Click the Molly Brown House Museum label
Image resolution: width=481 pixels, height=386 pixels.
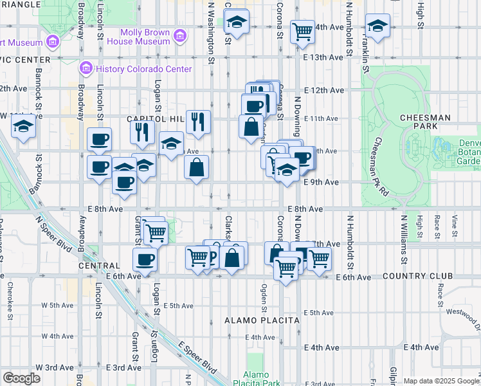click(x=145, y=37)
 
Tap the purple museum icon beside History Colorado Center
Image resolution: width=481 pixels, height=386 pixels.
click(x=86, y=68)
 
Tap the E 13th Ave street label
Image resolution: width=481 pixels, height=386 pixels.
click(x=324, y=57)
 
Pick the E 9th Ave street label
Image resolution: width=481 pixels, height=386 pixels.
click(x=320, y=182)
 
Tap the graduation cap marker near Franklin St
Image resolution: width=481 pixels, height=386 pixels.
click(x=377, y=26)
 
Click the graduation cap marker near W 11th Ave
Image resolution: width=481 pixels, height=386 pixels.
click(x=24, y=127)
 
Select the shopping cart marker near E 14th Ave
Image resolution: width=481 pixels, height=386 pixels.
click(x=302, y=31)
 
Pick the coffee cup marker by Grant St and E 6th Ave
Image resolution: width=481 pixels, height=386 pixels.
click(x=145, y=259)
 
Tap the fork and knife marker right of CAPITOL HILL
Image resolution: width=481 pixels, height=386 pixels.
click(x=198, y=120)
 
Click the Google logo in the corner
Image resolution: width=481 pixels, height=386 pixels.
click(x=21, y=378)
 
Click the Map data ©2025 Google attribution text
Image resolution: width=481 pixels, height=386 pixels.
click(x=441, y=381)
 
